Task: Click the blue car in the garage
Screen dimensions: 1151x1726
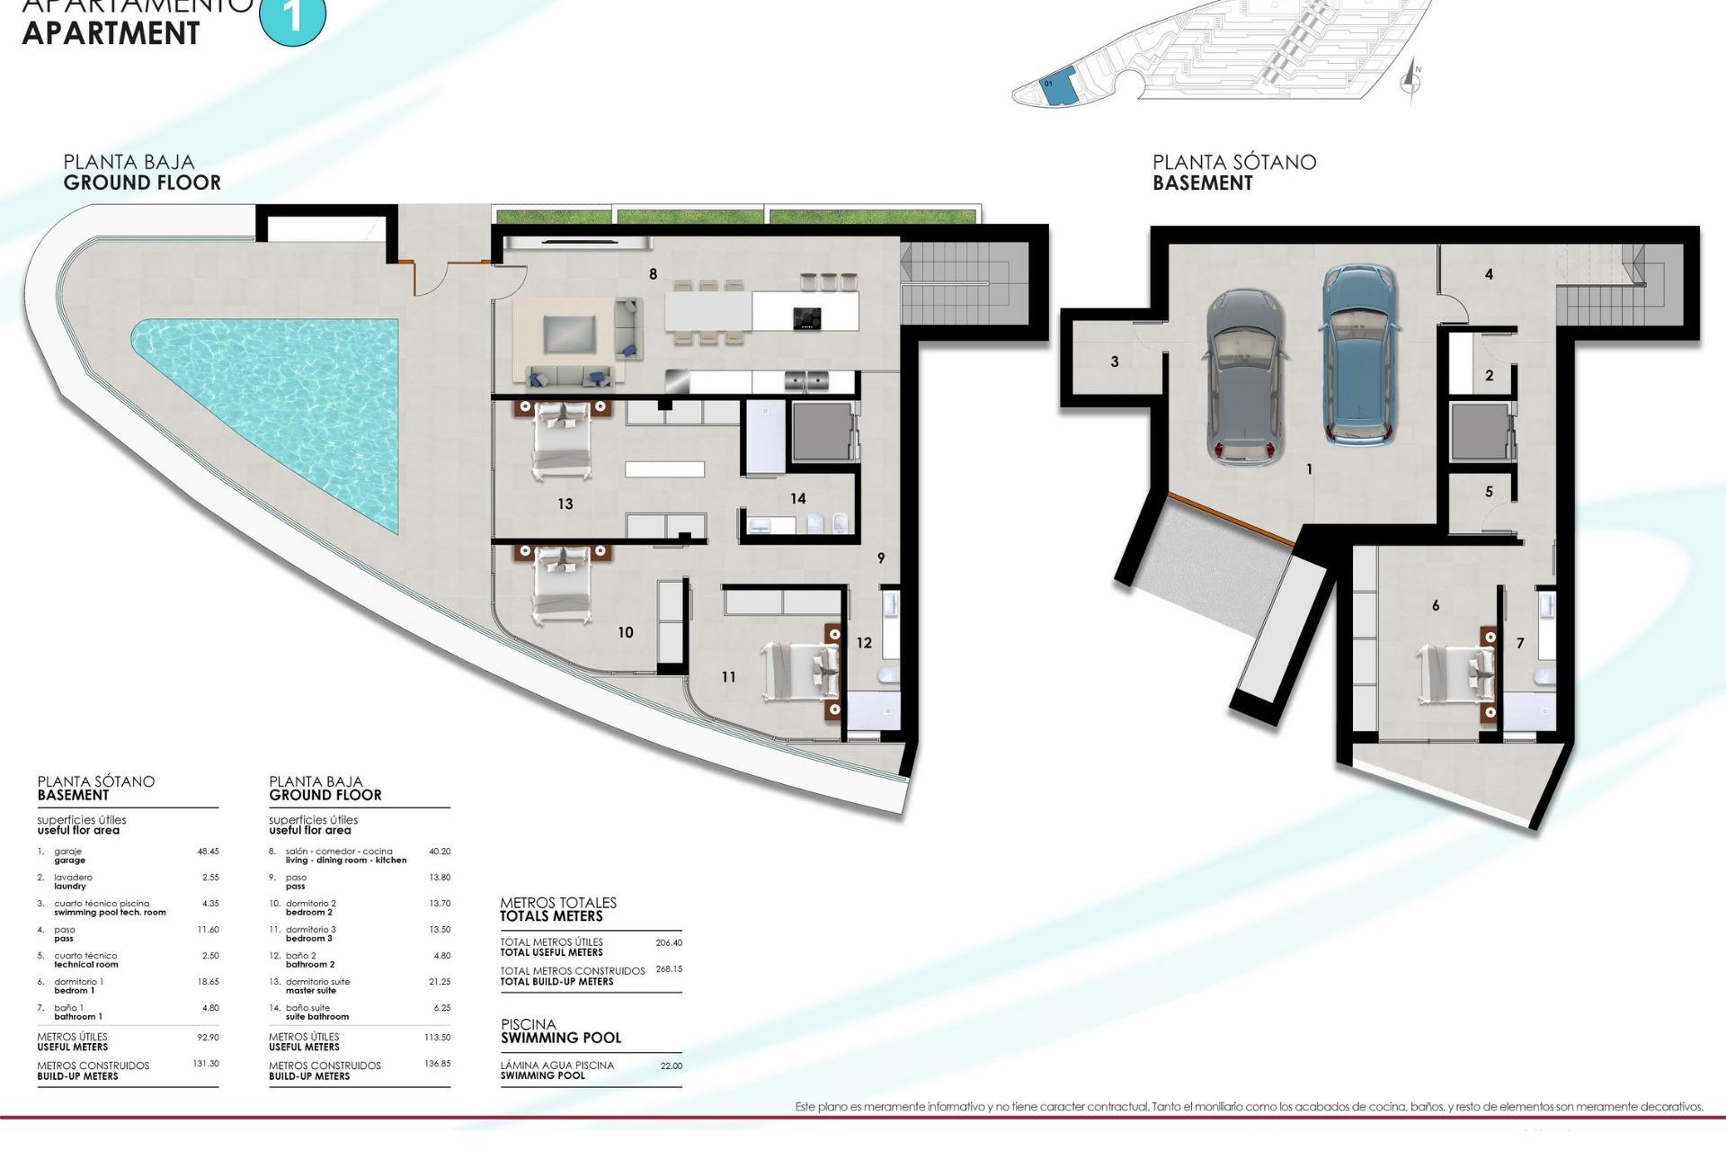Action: (1358, 355)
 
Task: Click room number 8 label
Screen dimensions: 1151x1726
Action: (653, 274)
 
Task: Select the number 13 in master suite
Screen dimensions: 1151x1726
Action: (565, 504)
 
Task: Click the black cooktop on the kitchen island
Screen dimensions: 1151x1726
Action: (806, 318)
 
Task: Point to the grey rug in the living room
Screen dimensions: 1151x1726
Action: (569, 335)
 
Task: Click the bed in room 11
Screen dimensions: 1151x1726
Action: (800, 671)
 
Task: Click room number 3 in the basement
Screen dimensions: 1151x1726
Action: (1115, 362)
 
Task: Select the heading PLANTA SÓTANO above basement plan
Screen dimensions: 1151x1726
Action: (1234, 163)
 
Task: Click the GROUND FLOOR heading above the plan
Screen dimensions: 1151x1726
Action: (142, 183)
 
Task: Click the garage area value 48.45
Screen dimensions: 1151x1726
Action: (208, 851)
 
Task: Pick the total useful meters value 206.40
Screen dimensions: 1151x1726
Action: (669, 943)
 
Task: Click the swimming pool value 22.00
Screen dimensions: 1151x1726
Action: (671, 1066)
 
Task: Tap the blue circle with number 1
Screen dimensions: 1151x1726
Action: (292, 16)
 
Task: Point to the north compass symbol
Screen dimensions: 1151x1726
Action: (1411, 82)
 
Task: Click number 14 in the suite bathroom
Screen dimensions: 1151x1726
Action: (798, 498)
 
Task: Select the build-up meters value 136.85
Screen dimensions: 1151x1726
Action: (437, 1064)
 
